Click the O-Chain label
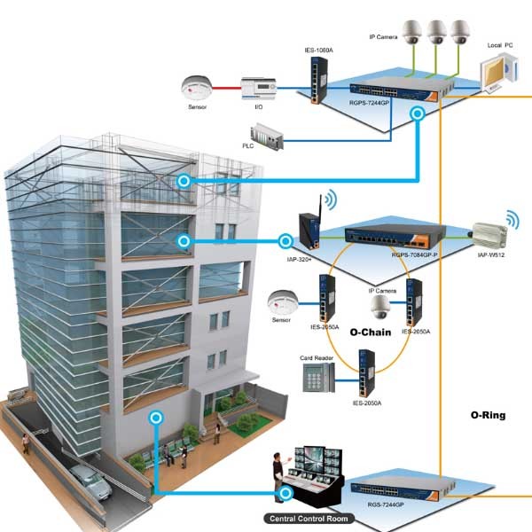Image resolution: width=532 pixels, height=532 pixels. pyautogui.click(x=372, y=333)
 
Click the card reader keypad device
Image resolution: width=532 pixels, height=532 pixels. pyautogui.click(x=315, y=379)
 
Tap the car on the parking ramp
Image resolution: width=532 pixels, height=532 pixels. pyautogui.click(x=87, y=480)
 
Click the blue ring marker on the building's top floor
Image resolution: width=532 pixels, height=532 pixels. pyautogui.click(x=184, y=180)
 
